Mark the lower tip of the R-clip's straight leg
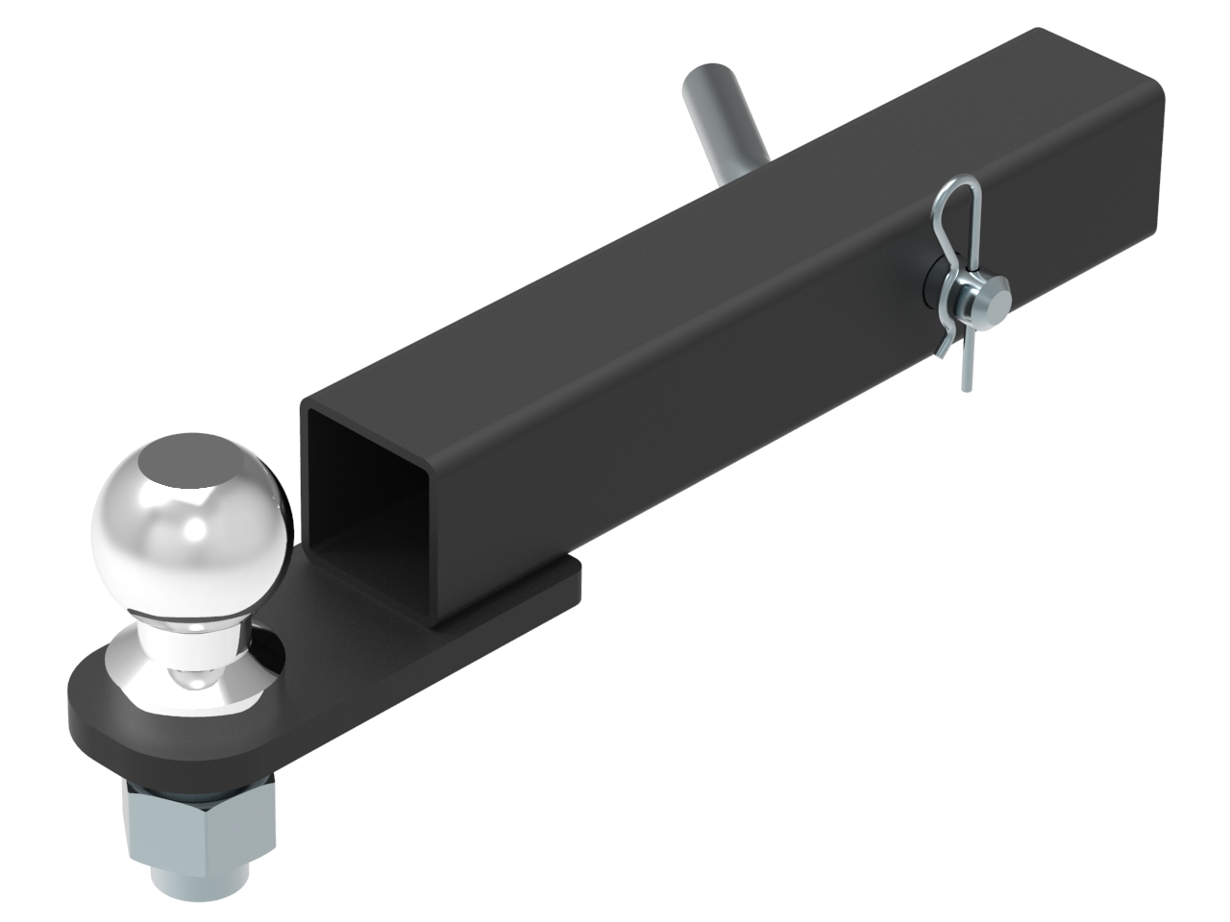964,384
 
